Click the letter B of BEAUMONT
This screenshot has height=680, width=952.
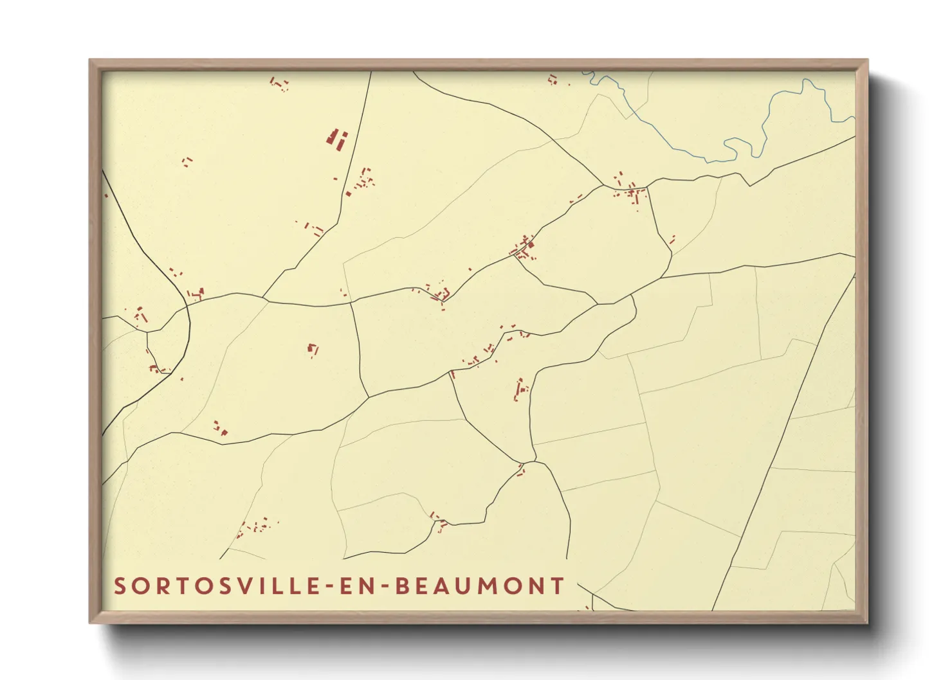coord(402,586)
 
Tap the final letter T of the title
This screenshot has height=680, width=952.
coord(558,586)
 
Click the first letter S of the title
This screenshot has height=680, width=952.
coord(120,586)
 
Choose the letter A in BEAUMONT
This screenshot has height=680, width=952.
coord(441,586)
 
